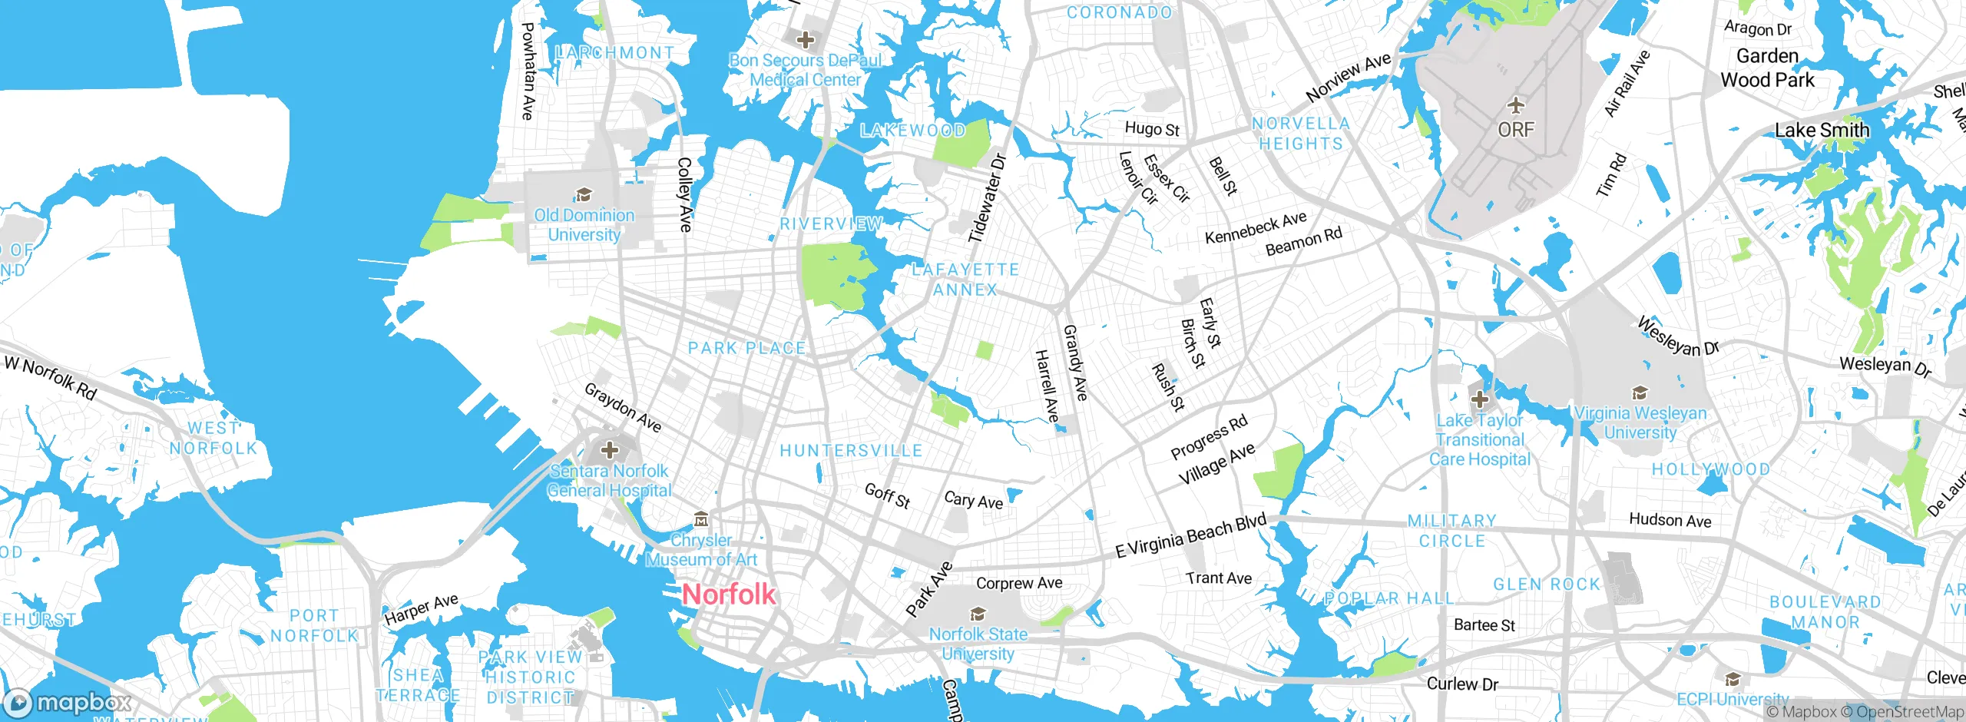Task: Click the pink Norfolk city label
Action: (x=729, y=594)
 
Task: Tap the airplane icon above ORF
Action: (x=1515, y=104)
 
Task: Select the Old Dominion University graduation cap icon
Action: (x=584, y=194)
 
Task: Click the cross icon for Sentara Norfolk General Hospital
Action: (x=610, y=449)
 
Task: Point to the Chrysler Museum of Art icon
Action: (x=700, y=520)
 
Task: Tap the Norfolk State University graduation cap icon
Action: (x=977, y=614)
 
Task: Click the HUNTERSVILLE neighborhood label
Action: (x=851, y=451)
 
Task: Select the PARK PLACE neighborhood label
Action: (x=746, y=348)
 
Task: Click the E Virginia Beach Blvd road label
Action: (x=1190, y=535)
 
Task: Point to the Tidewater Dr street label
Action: (x=987, y=198)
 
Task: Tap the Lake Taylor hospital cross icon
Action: (x=1479, y=399)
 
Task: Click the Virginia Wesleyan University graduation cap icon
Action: (x=1640, y=393)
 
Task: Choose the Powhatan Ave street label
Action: (x=528, y=71)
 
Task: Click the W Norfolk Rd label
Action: (x=51, y=377)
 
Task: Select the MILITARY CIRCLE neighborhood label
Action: (x=1451, y=531)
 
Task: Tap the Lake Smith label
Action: (x=1822, y=131)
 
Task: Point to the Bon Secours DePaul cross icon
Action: (x=805, y=39)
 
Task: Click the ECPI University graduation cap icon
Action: (x=1732, y=679)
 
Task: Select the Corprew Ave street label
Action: (x=1019, y=583)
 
